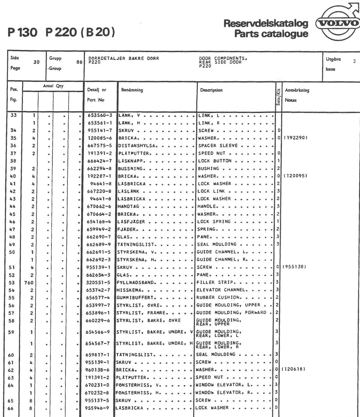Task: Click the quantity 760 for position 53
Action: click(29, 282)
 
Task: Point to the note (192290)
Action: click(296, 138)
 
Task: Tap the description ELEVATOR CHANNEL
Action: click(220, 290)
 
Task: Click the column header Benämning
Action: click(132, 90)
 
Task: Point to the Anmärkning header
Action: click(297, 90)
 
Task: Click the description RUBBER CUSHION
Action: click(218, 297)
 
